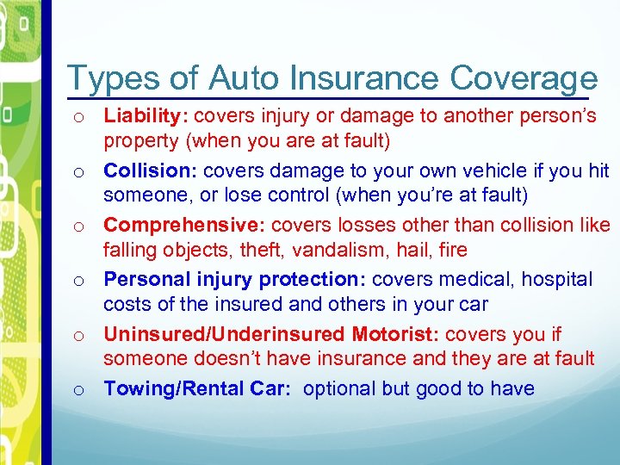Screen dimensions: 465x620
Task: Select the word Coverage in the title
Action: coord(524,78)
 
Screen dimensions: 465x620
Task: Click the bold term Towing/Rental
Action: coord(164,389)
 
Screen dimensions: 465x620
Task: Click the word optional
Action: coord(340,389)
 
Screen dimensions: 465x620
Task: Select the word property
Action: coord(138,141)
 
